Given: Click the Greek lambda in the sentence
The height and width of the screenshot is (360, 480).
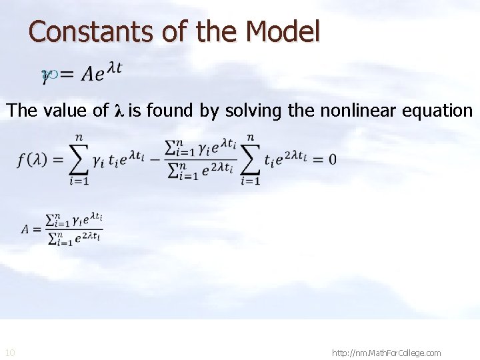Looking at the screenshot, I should [119, 111].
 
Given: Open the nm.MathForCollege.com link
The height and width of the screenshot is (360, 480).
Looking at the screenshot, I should [386, 352].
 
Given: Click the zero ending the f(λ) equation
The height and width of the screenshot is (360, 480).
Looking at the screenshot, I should [331, 160].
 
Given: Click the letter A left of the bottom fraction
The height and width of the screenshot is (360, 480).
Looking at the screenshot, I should [26, 229].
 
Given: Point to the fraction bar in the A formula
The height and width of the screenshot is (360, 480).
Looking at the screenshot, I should [74, 229].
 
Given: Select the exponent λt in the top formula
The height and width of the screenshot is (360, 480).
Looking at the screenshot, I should [114, 68].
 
